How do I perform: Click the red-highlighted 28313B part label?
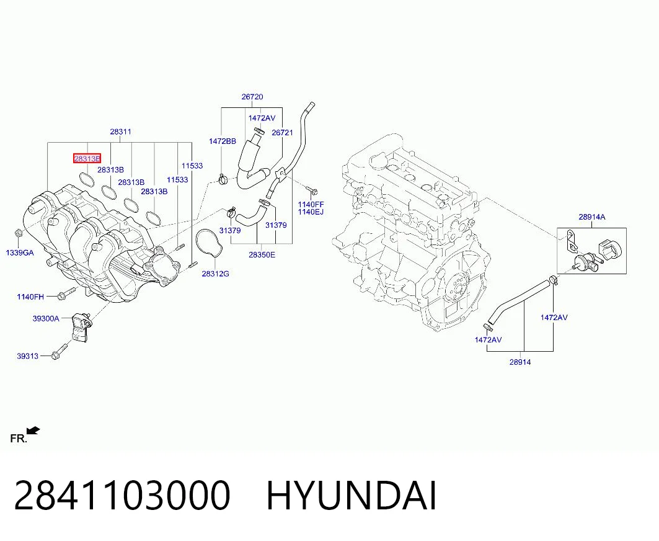[87, 159]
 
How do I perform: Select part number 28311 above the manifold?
[121, 132]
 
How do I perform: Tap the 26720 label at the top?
[252, 97]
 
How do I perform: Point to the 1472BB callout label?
[223, 141]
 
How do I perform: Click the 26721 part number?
[283, 133]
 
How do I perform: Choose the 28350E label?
[262, 254]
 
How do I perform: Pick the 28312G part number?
[216, 274]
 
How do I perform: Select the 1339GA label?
[20, 253]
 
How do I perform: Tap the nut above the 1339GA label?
[18, 233]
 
